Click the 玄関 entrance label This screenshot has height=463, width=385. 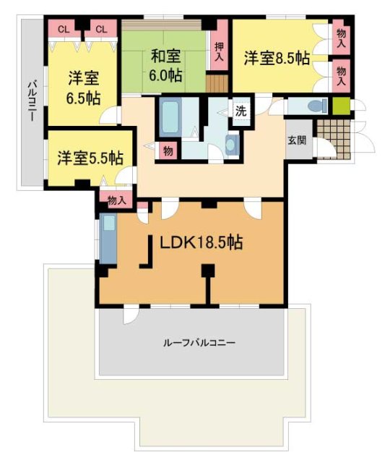(296, 140)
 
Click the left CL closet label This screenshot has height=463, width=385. (63, 29)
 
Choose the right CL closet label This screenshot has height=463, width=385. (101, 29)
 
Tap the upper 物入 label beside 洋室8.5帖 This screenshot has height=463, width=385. (341, 38)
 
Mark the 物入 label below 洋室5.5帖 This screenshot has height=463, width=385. (116, 200)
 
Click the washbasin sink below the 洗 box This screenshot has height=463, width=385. (231, 144)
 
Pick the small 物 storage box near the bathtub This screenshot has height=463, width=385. (168, 150)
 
